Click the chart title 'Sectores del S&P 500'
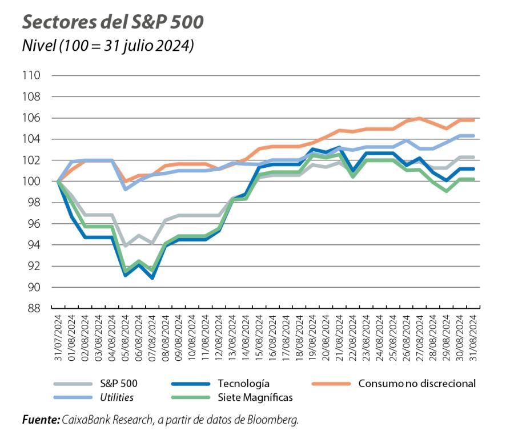113,22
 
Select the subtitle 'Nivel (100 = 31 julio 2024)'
107,46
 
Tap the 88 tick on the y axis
34,308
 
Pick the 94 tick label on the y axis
34,245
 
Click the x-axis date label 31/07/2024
58,338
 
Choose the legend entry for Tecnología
243,384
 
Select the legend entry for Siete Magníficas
255,397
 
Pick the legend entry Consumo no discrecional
416,384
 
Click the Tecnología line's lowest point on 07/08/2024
152,278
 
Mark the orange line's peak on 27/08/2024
420,118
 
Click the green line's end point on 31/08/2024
473,179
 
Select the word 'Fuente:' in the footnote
41,420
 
